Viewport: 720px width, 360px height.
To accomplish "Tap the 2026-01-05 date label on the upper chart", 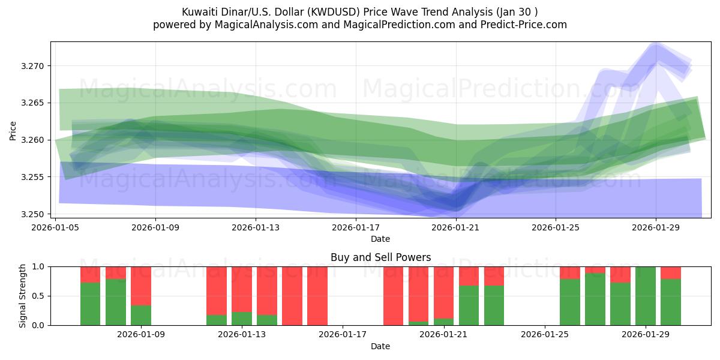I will tap(56, 227).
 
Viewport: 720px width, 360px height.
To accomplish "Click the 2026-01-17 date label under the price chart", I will tap(356, 227).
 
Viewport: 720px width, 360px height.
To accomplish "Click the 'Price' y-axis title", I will tap(13, 130).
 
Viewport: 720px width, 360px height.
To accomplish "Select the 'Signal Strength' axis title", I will tap(23, 296).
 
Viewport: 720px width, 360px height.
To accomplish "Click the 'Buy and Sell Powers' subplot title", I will tap(380, 257).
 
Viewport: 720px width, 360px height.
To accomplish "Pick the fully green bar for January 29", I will tap(646, 296).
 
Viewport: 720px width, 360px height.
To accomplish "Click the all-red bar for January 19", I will tap(394, 296).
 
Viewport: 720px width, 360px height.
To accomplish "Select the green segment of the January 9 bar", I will tap(141, 316).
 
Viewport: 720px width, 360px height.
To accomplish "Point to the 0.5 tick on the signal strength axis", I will tap(38, 296).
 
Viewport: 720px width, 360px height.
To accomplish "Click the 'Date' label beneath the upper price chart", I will tap(380, 239).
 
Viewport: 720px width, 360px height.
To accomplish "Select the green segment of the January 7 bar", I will tap(91, 304).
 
